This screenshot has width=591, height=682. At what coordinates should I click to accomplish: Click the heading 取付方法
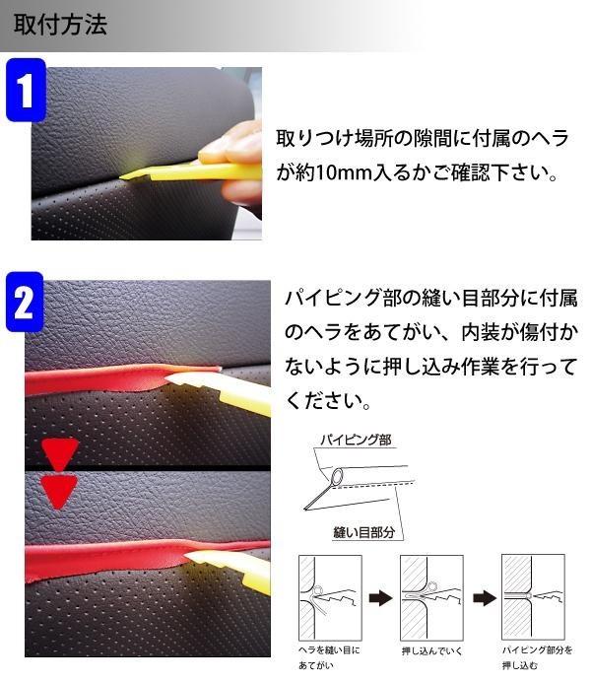[x=60, y=24]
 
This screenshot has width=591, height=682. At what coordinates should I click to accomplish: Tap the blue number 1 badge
[x=26, y=90]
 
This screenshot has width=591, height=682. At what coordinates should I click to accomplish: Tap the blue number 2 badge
[x=25, y=302]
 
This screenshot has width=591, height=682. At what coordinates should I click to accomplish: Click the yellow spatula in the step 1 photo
[x=191, y=171]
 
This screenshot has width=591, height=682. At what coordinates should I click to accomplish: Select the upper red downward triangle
[x=60, y=452]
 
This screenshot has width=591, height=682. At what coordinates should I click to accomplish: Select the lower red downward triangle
[x=59, y=491]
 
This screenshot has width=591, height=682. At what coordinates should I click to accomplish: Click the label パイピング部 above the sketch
[x=356, y=441]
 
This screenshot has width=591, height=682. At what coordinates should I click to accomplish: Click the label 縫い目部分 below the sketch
[x=364, y=531]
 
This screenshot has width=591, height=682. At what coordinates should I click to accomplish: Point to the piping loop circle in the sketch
[x=337, y=475]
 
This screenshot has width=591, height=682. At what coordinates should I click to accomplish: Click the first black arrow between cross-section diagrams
[x=380, y=598]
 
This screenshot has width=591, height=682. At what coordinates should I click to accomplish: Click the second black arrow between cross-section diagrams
[x=484, y=598]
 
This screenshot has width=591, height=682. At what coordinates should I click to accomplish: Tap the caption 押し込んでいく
[x=432, y=650]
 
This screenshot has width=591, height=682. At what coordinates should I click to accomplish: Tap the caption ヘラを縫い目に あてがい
[x=329, y=657]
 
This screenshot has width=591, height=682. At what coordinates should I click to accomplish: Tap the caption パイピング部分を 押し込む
[x=537, y=657]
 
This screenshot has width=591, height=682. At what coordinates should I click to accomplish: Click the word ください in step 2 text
[x=323, y=400]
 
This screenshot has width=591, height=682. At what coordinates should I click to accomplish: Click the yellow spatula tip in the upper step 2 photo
[x=167, y=377]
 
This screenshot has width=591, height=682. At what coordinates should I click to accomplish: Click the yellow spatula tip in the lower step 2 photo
[x=188, y=556]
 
